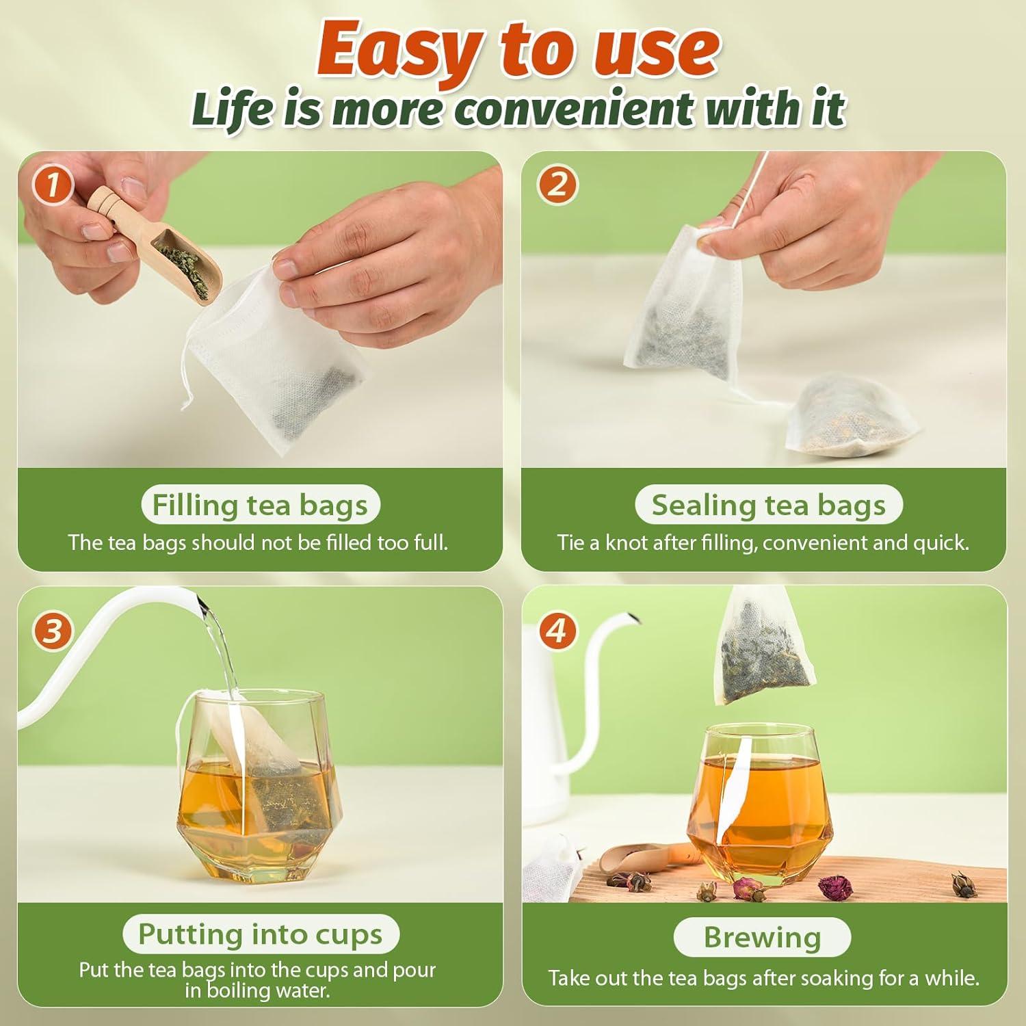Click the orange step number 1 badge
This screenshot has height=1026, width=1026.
53,185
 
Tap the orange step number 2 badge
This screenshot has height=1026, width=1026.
557,185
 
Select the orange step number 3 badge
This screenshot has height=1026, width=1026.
53,631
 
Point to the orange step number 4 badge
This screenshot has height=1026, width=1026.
557,631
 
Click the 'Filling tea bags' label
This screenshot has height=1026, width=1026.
260,505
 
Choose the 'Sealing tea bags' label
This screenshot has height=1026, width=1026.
768,505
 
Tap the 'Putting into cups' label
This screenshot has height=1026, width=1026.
260,934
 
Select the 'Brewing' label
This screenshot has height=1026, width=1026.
762,937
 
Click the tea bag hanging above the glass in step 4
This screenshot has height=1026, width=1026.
752,650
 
